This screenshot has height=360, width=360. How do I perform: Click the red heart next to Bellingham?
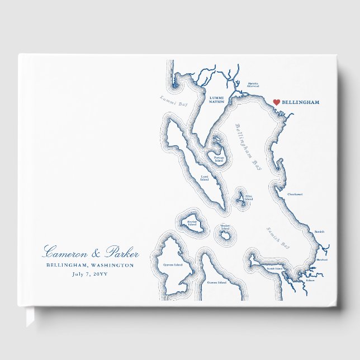[276, 102]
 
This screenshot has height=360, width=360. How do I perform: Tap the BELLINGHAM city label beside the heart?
[301, 103]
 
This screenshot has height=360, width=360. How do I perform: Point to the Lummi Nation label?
[216, 100]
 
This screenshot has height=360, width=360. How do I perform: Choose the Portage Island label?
[219, 159]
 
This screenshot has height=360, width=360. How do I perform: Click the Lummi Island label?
[205, 178]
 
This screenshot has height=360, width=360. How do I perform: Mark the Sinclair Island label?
[192, 222]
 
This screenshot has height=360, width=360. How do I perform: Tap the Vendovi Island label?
[225, 228]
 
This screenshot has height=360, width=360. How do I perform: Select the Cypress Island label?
[173, 264]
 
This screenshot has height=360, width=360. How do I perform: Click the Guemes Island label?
[216, 283]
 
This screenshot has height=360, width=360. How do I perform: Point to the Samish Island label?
[275, 269]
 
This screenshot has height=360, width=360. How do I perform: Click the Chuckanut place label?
[295, 194]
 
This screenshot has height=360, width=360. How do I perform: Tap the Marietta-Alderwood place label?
[253, 86]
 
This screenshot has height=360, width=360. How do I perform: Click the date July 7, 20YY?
[91, 274]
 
